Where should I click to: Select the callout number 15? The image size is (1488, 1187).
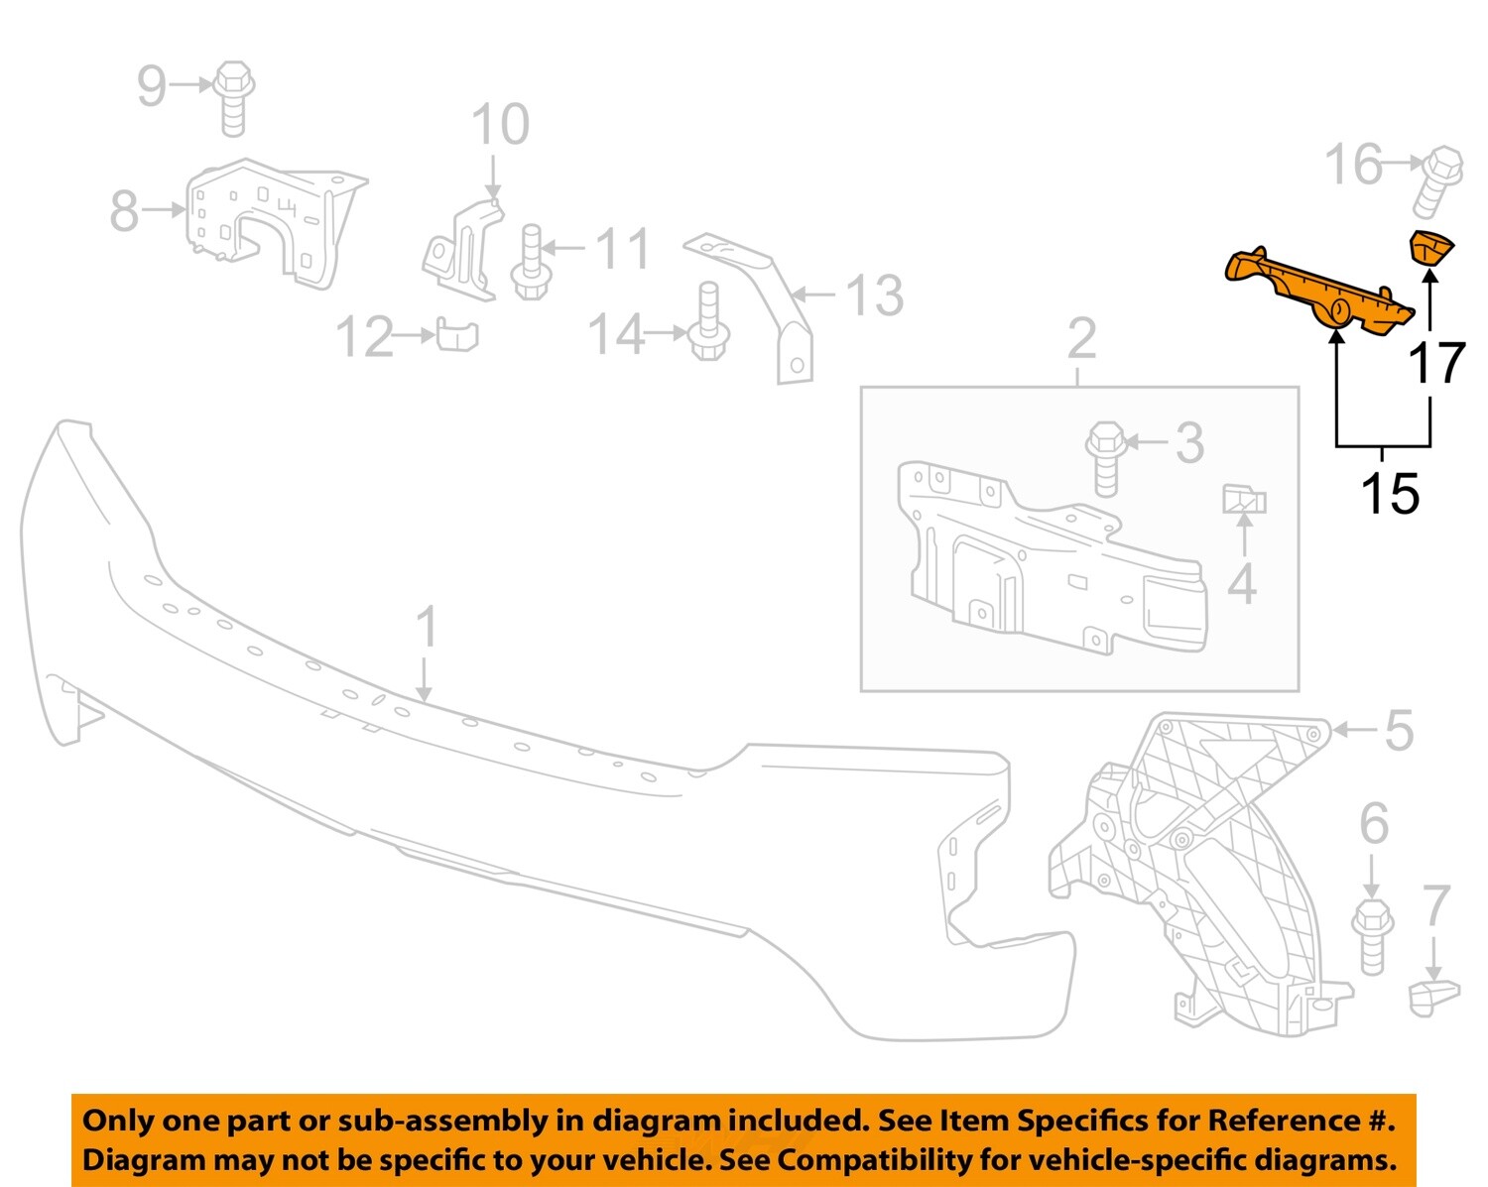click(1389, 493)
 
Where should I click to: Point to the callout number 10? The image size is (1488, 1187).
click(500, 125)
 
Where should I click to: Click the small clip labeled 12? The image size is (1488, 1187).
click(456, 335)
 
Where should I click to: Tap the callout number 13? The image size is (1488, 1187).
click(873, 296)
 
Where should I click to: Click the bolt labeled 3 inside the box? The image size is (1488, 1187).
click(1106, 458)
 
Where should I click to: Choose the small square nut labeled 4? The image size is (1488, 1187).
click(1243, 500)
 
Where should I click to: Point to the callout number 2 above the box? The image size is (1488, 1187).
click(1081, 340)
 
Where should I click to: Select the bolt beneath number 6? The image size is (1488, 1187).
click(1373, 935)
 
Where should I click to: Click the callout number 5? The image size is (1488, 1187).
click(1398, 731)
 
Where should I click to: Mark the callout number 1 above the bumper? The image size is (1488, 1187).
click(426, 628)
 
